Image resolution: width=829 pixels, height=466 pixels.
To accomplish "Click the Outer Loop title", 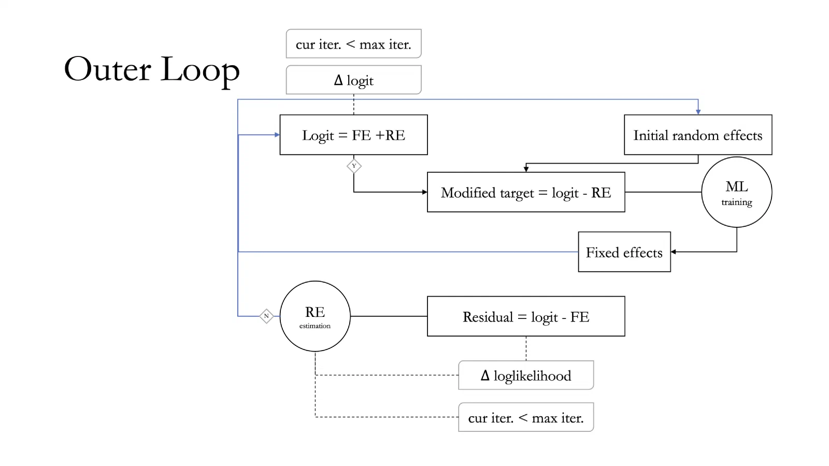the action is click(152, 70).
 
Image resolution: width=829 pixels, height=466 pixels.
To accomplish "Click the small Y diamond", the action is click(354, 166).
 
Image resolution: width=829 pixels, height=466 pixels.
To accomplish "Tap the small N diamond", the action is click(266, 316).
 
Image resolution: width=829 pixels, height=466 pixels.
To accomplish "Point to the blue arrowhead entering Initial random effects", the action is click(698, 112).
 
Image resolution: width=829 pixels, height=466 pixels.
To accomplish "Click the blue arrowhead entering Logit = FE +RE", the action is click(277, 135).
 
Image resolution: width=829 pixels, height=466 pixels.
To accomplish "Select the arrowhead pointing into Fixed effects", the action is click(674, 252).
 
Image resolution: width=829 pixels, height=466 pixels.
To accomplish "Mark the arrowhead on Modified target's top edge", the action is click(526, 169).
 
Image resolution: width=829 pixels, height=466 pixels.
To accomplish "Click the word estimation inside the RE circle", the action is click(315, 326).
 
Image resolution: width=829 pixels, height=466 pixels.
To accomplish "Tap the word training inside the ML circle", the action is click(736, 202).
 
